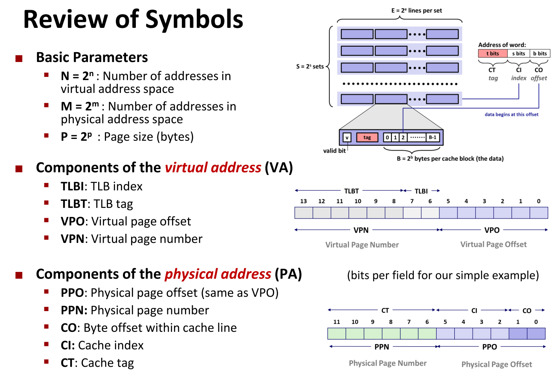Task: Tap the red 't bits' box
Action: (492, 53)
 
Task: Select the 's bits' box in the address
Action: (518, 53)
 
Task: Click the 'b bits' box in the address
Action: (540, 53)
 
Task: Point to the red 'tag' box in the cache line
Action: (367, 137)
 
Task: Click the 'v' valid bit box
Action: (347, 137)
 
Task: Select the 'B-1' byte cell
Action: (432, 137)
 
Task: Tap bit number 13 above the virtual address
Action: (304, 201)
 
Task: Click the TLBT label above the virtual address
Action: (351, 191)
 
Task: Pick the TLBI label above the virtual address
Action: (421, 191)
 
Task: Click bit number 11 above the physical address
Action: (337, 322)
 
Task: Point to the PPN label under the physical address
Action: (382, 347)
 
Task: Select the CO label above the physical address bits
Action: (527, 311)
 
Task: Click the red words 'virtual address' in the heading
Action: (213, 168)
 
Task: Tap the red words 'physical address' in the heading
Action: (218, 274)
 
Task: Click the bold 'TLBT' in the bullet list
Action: (73, 204)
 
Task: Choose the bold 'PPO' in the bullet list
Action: (72, 293)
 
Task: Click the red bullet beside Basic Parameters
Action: (19, 59)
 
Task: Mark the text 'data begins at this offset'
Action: (511, 115)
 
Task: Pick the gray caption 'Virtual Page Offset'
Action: (493, 244)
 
